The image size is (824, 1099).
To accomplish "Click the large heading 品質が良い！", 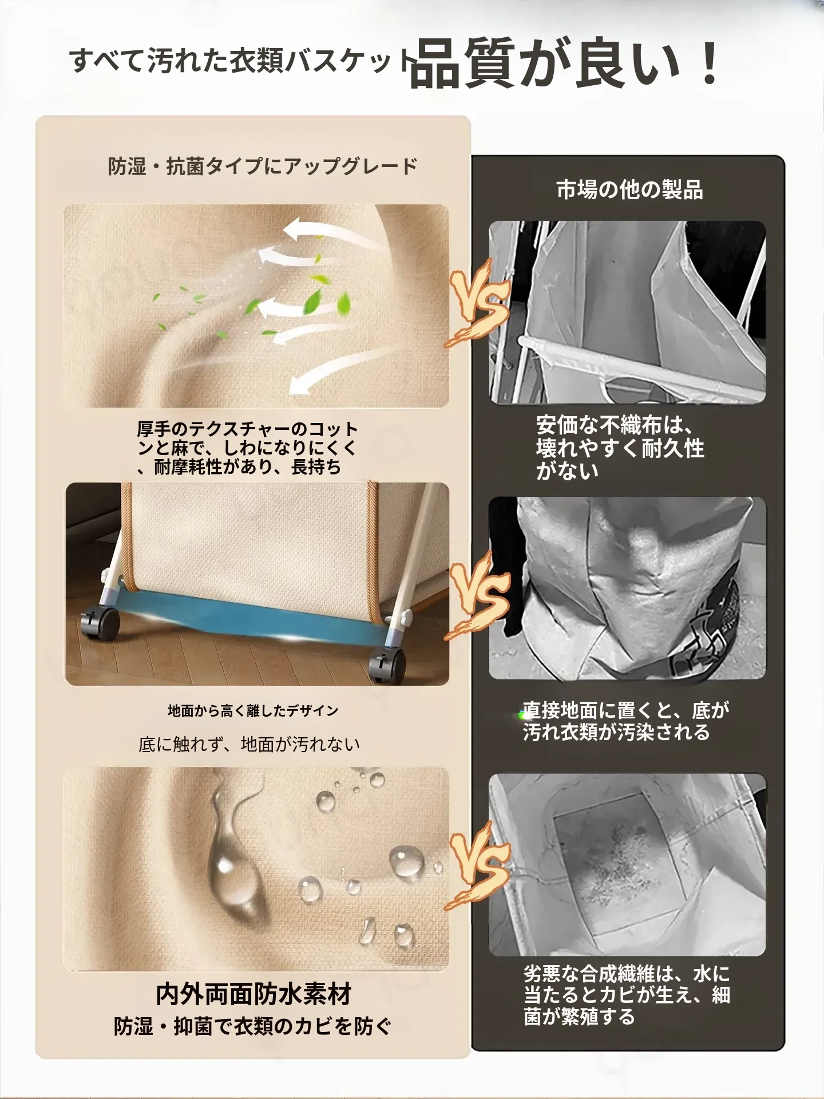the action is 564,65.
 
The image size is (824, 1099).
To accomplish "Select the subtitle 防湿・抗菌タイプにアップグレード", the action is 263,167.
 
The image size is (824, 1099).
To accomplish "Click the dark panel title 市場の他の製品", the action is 629,189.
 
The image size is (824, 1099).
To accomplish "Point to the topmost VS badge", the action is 477,303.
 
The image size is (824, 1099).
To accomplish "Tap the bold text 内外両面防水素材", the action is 253,994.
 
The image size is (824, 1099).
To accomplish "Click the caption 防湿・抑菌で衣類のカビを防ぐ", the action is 252,1026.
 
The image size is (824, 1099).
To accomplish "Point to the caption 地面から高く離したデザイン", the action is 253,711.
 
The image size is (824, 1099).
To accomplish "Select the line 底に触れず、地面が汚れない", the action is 249,744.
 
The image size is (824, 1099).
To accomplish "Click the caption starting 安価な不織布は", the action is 620,448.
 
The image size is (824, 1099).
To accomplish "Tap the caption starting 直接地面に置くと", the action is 626,721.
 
